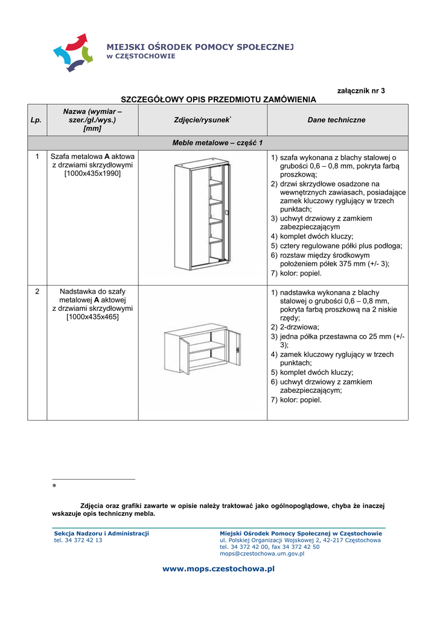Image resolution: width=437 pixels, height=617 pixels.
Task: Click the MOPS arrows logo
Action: click(x=73, y=52)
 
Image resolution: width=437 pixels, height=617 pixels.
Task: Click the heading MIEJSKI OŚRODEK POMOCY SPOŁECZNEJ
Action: click(x=200, y=47)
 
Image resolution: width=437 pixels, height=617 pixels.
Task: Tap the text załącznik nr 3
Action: click(x=360, y=90)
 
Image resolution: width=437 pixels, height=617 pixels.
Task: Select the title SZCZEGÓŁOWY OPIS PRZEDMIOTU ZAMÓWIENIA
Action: click(x=218, y=99)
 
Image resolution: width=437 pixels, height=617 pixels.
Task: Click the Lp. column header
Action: click(x=37, y=120)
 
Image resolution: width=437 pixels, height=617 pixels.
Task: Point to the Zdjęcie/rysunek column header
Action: click(x=203, y=121)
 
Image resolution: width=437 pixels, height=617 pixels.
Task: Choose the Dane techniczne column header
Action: click(x=337, y=120)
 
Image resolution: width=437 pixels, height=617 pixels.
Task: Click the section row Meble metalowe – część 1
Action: click(x=217, y=143)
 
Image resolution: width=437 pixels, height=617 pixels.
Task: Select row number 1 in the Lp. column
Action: click(x=37, y=157)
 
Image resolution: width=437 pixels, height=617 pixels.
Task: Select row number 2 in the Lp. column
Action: click(x=37, y=291)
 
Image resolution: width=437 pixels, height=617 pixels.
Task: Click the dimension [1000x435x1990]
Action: click(x=92, y=174)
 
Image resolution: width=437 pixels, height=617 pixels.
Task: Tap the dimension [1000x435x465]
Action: click(x=92, y=316)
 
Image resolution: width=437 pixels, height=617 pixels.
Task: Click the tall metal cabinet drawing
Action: click(x=202, y=215)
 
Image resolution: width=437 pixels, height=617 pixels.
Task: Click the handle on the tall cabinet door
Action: click(x=227, y=213)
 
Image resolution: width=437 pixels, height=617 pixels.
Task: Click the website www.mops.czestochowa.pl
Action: click(x=218, y=568)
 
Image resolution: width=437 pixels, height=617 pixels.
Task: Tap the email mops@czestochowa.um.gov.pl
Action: click(x=262, y=553)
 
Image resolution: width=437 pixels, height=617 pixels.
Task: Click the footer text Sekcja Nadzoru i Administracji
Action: click(x=101, y=533)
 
